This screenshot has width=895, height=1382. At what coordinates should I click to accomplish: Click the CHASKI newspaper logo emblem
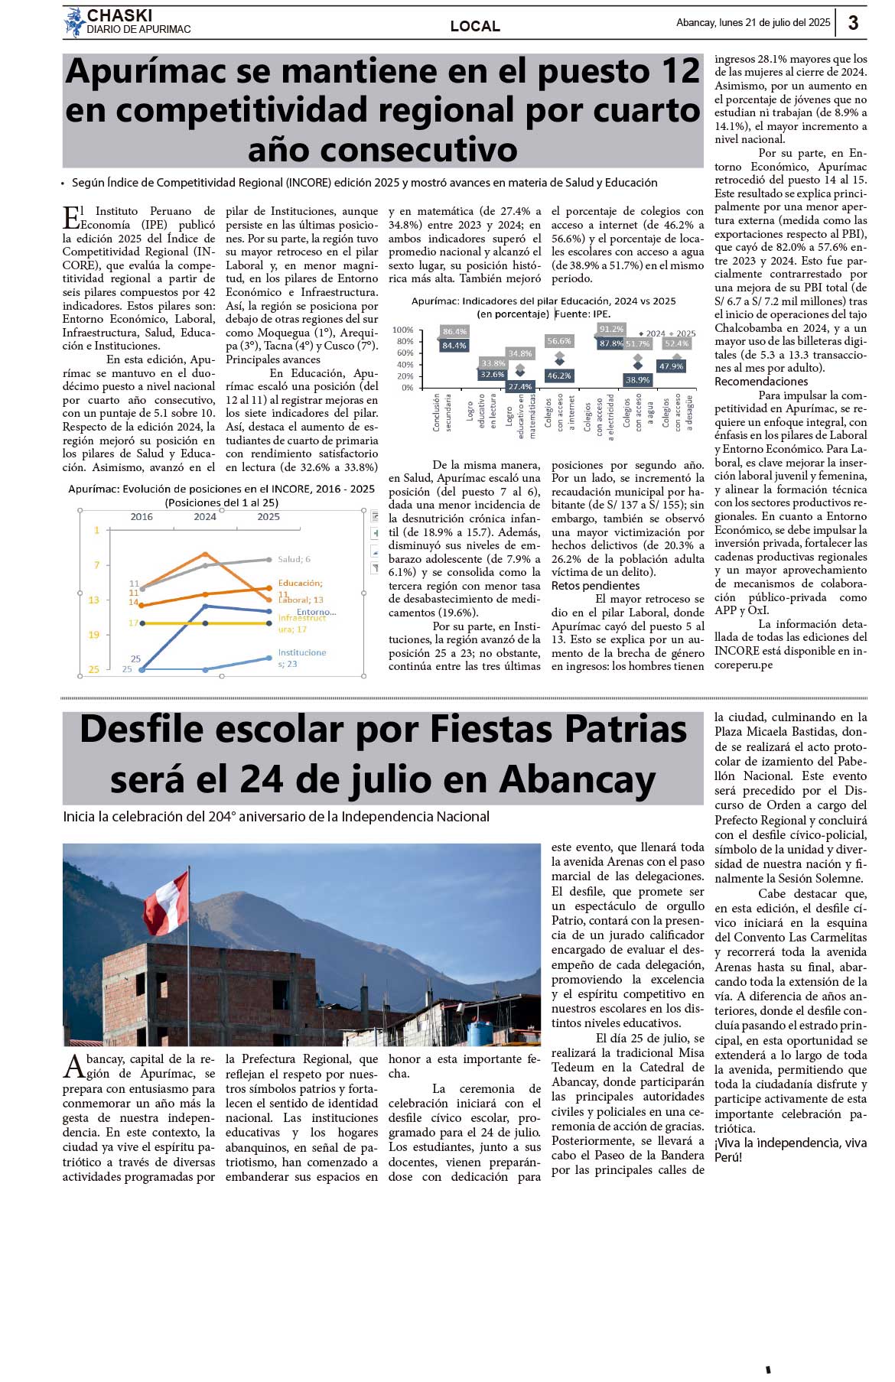point(74,22)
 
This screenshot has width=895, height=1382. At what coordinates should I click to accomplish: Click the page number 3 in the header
point(853,23)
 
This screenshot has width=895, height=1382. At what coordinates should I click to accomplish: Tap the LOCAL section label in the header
point(475,26)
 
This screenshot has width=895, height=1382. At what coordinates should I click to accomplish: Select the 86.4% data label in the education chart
point(454,331)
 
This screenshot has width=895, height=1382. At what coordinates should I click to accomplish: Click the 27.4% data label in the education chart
point(520,386)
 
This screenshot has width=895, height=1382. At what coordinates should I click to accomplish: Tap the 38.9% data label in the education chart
point(637,379)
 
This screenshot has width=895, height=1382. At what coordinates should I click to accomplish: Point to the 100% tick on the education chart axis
point(402,330)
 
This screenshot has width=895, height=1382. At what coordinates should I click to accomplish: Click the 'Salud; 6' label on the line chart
point(294,559)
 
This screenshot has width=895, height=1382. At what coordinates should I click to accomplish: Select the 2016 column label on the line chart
point(142,517)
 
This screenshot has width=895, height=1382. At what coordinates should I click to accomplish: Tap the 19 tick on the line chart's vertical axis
point(93,635)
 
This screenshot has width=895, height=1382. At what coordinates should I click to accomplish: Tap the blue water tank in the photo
point(480,1032)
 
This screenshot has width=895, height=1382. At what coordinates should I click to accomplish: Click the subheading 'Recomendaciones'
point(750,382)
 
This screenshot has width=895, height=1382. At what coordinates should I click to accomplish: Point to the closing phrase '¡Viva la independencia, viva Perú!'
point(790,1149)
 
